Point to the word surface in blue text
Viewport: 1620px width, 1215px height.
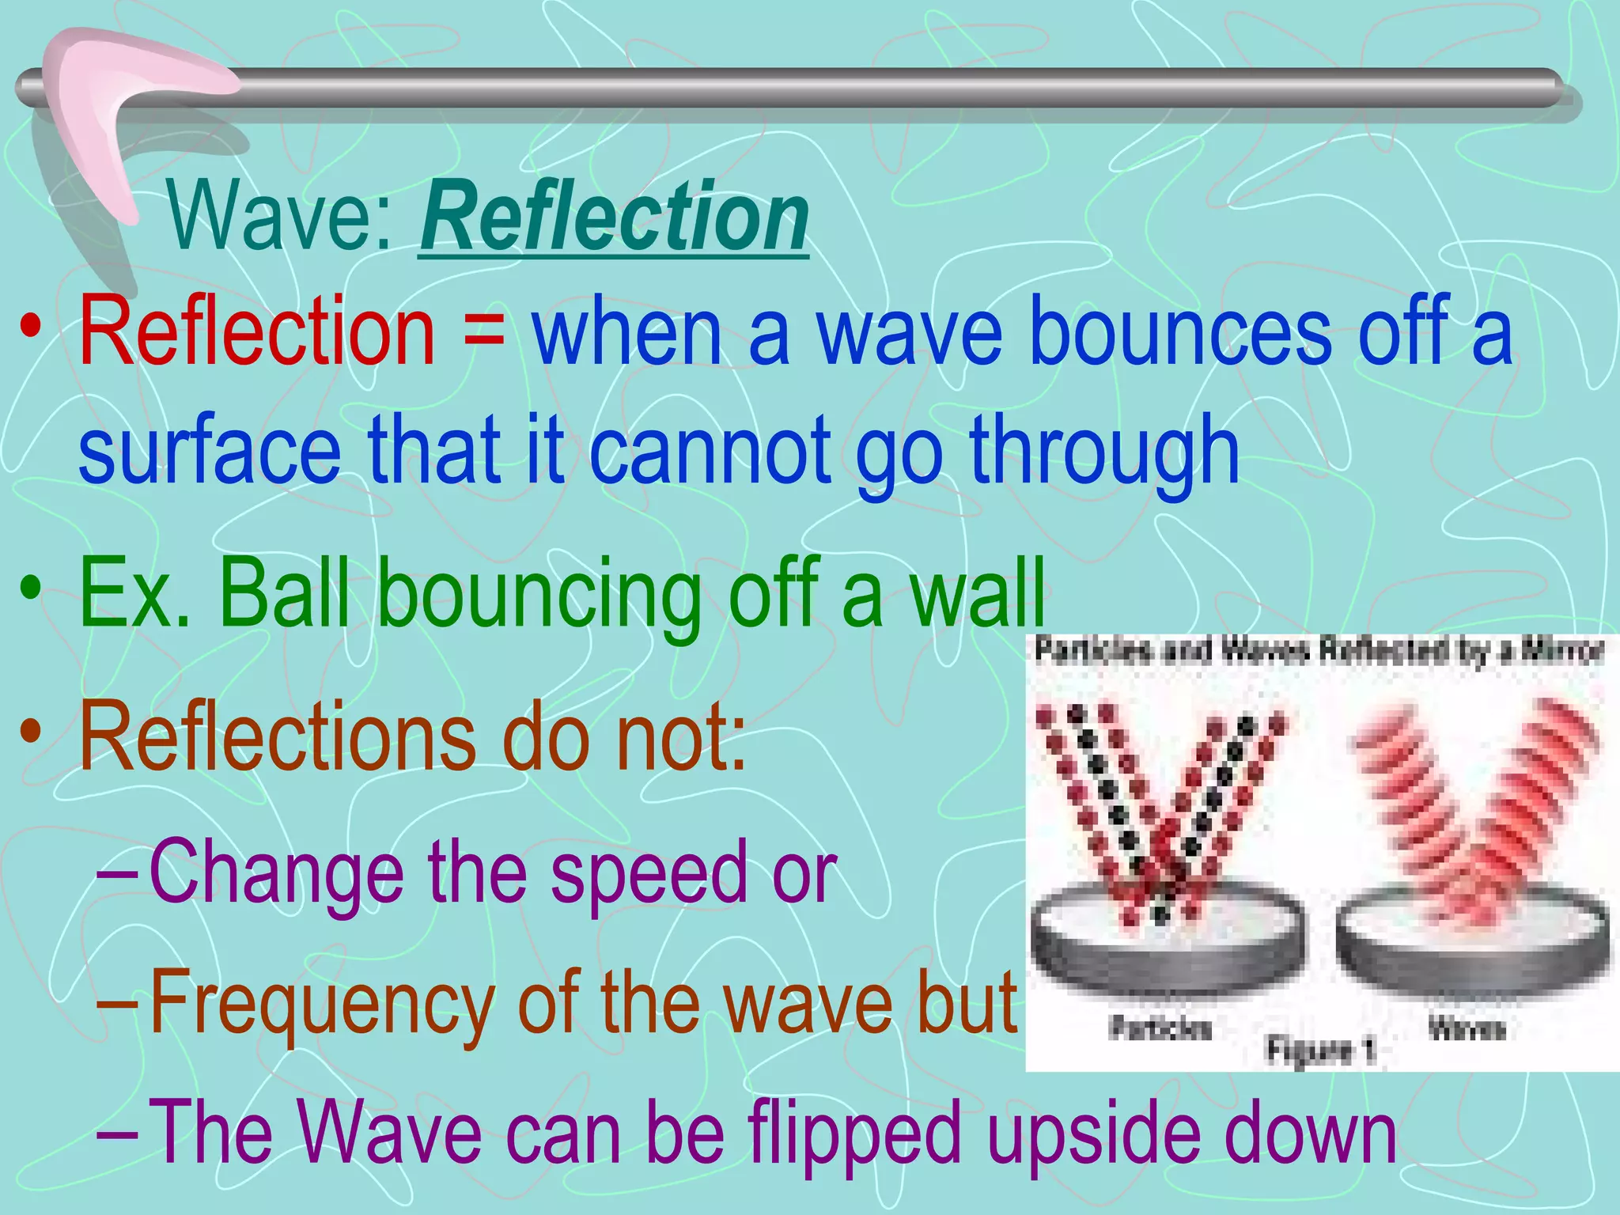click(210, 451)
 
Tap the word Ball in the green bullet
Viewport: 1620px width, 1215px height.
click(285, 593)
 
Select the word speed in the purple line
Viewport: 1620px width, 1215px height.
click(649, 872)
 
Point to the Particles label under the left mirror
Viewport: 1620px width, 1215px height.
click(1160, 1028)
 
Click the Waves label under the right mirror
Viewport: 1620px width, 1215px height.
click(1466, 1028)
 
